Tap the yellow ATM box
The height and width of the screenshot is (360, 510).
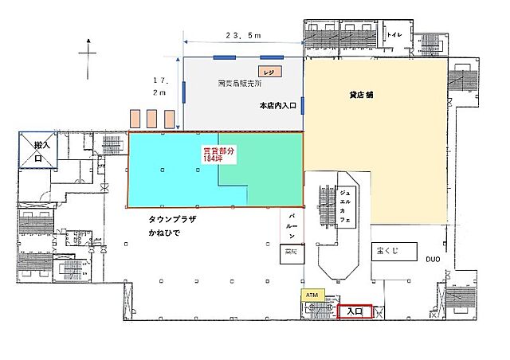point(312,294)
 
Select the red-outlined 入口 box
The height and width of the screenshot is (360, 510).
point(354,311)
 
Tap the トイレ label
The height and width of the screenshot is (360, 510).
point(394,36)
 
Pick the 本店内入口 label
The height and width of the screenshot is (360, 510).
point(278,104)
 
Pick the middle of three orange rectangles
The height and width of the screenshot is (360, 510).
point(151,119)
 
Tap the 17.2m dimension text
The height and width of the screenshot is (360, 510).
point(160,86)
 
